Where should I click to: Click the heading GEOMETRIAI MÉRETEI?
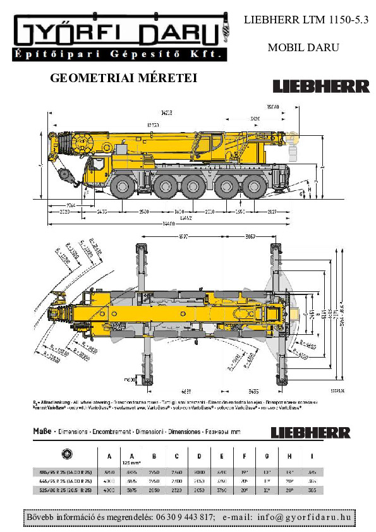(123, 78)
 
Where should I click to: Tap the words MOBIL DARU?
(303, 47)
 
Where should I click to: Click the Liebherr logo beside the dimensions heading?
(310, 433)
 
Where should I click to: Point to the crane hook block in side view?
(64, 174)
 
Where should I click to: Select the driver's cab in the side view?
(99, 167)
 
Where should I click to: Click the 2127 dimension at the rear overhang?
(271, 212)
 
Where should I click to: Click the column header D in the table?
(199, 456)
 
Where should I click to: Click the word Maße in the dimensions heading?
(42, 432)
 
